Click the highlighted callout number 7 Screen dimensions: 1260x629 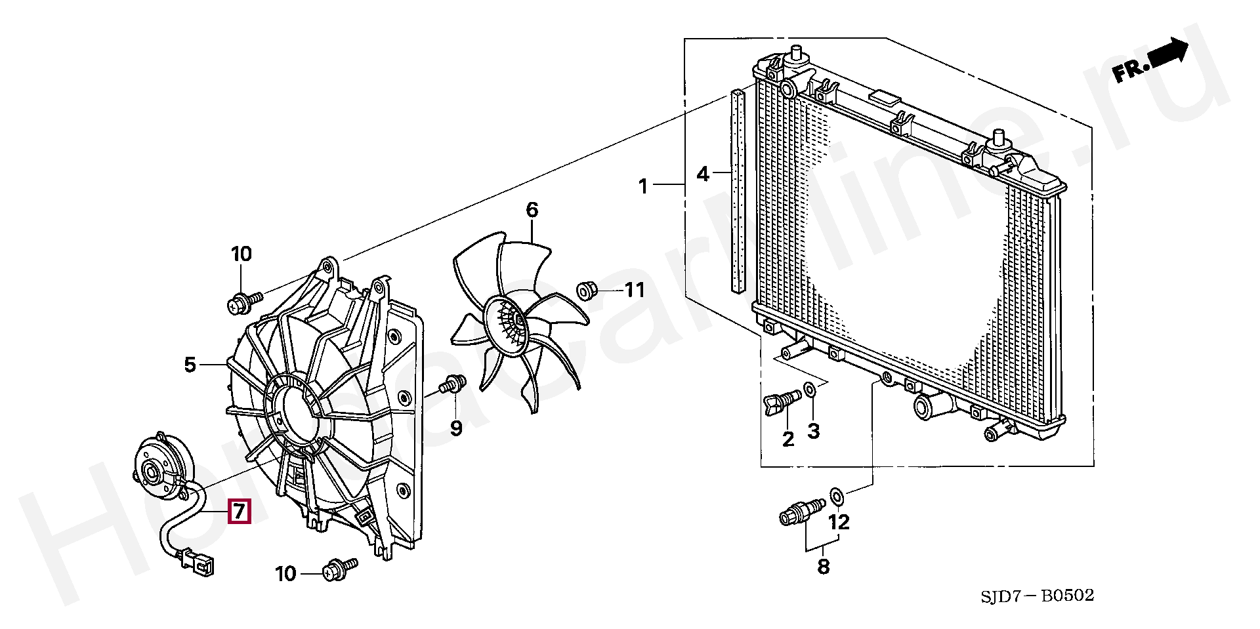coord(239,511)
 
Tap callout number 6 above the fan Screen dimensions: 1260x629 coord(532,210)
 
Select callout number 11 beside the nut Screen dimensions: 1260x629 coord(635,290)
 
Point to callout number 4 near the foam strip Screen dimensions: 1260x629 coord(703,174)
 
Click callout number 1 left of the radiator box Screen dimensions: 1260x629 coord(644,187)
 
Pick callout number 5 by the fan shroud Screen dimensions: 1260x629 coord(190,365)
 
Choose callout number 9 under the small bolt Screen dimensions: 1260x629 coord(456,429)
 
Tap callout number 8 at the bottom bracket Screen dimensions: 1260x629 coord(824,566)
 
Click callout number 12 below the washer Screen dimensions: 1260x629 coord(839,522)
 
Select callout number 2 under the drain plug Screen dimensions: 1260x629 coord(788,439)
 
